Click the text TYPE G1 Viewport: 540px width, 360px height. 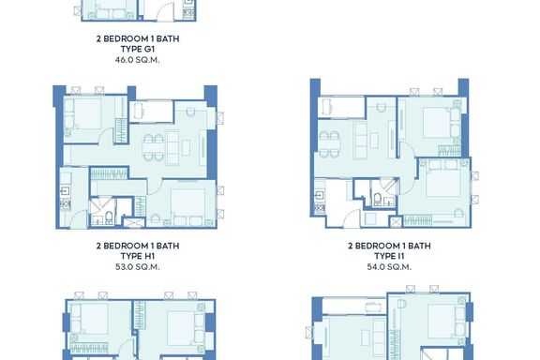(x=138, y=49)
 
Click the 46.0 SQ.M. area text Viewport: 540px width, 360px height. (x=138, y=60)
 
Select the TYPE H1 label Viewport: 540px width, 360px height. (x=138, y=256)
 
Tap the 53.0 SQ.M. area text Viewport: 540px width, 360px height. (x=138, y=266)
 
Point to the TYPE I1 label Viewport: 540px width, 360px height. (x=389, y=256)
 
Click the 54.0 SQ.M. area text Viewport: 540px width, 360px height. (x=389, y=266)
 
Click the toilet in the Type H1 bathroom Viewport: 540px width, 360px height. (x=109, y=217)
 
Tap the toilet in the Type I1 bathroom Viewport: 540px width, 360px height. (x=378, y=199)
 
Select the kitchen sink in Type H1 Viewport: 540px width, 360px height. (x=65, y=191)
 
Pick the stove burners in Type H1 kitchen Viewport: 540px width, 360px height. (x=65, y=204)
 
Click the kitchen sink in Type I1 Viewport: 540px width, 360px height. (x=320, y=196)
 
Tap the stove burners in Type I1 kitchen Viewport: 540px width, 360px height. (x=320, y=208)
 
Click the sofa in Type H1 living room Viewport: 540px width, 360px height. (x=172, y=147)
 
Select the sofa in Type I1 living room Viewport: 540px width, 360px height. (x=361, y=141)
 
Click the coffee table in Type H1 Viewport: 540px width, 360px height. (x=186, y=147)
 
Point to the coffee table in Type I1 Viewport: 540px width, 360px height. (x=374, y=141)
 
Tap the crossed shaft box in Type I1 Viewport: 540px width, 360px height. (x=396, y=222)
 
